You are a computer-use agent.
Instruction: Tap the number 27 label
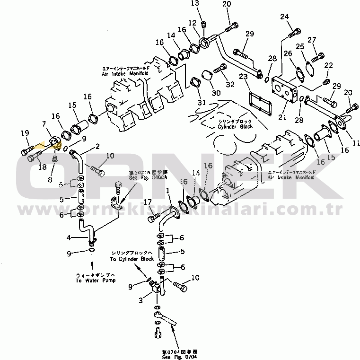pyautogui.click(x=311, y=40)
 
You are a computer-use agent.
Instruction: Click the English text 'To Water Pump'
pyautogui.click(x=92, y=280)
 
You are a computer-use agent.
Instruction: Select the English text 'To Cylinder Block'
pyautogui.click(x=132, y=259)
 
